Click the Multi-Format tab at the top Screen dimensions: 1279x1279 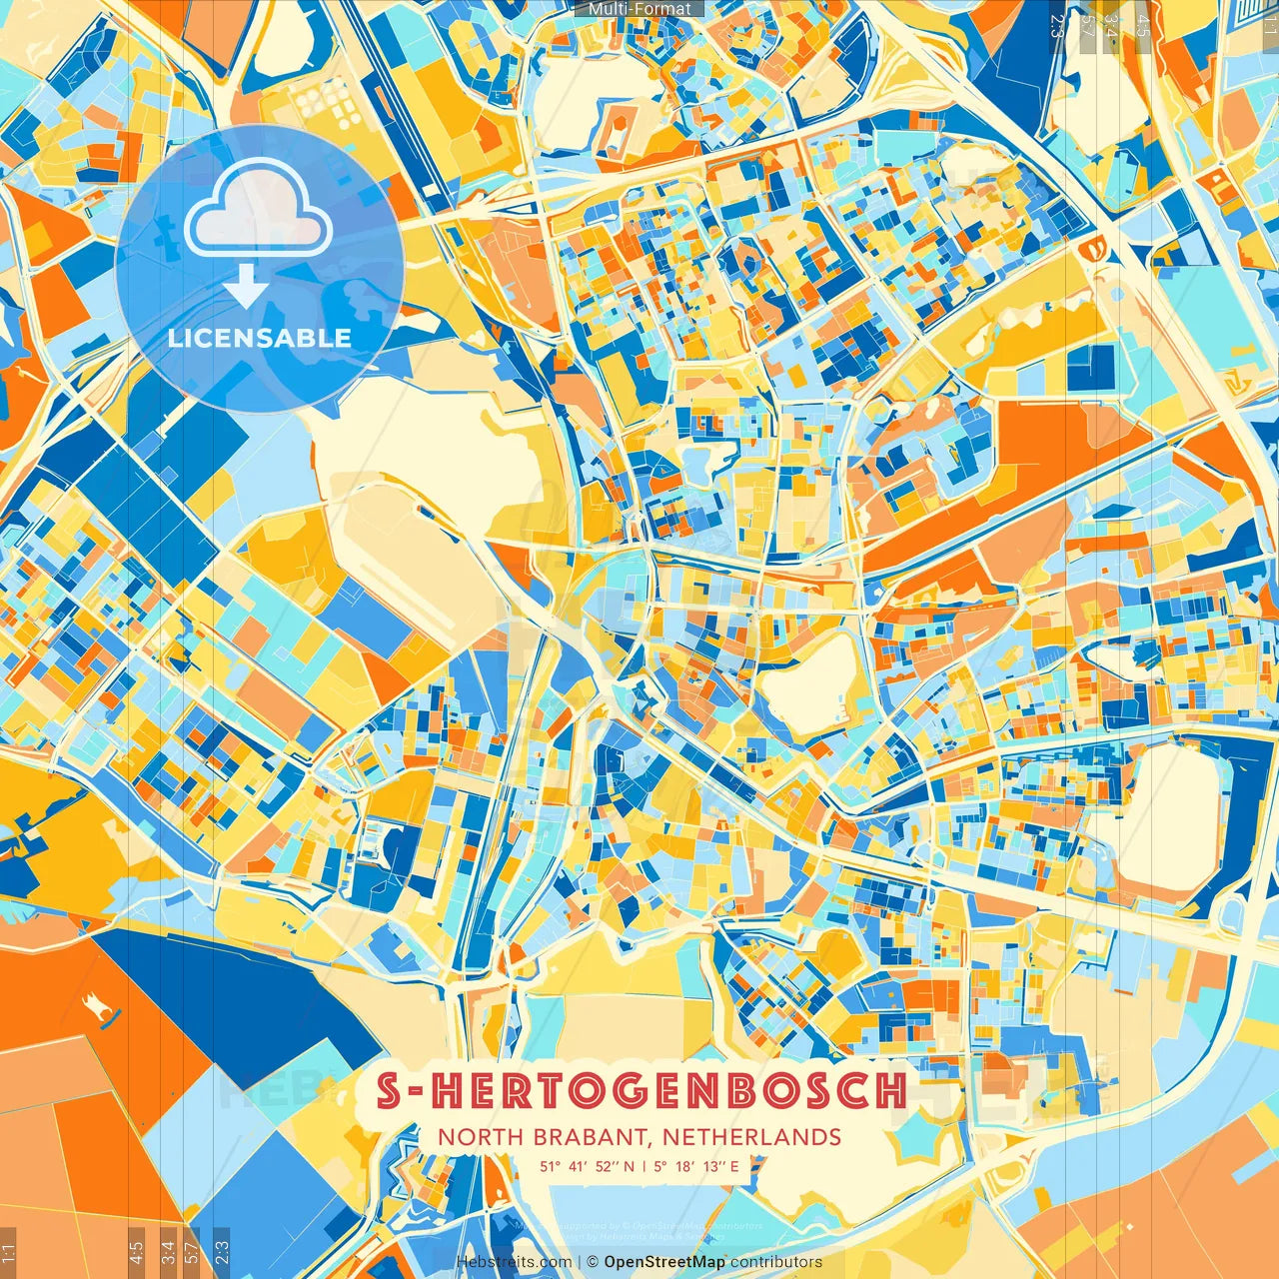pos(639,9)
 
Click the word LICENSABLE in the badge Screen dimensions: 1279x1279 pos(260,338)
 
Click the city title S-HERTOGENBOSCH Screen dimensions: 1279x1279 pos(640,1090)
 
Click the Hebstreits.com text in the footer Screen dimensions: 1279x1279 pos(514,1262)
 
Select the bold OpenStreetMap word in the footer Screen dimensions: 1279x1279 pos(664,1262)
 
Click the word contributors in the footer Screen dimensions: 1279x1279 pos(776,1262)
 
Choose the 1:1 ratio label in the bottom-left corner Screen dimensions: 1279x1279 pos(8,1252)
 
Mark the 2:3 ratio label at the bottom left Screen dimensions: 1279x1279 pos(222,1252)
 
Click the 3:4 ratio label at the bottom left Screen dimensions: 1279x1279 pos(167,1252)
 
